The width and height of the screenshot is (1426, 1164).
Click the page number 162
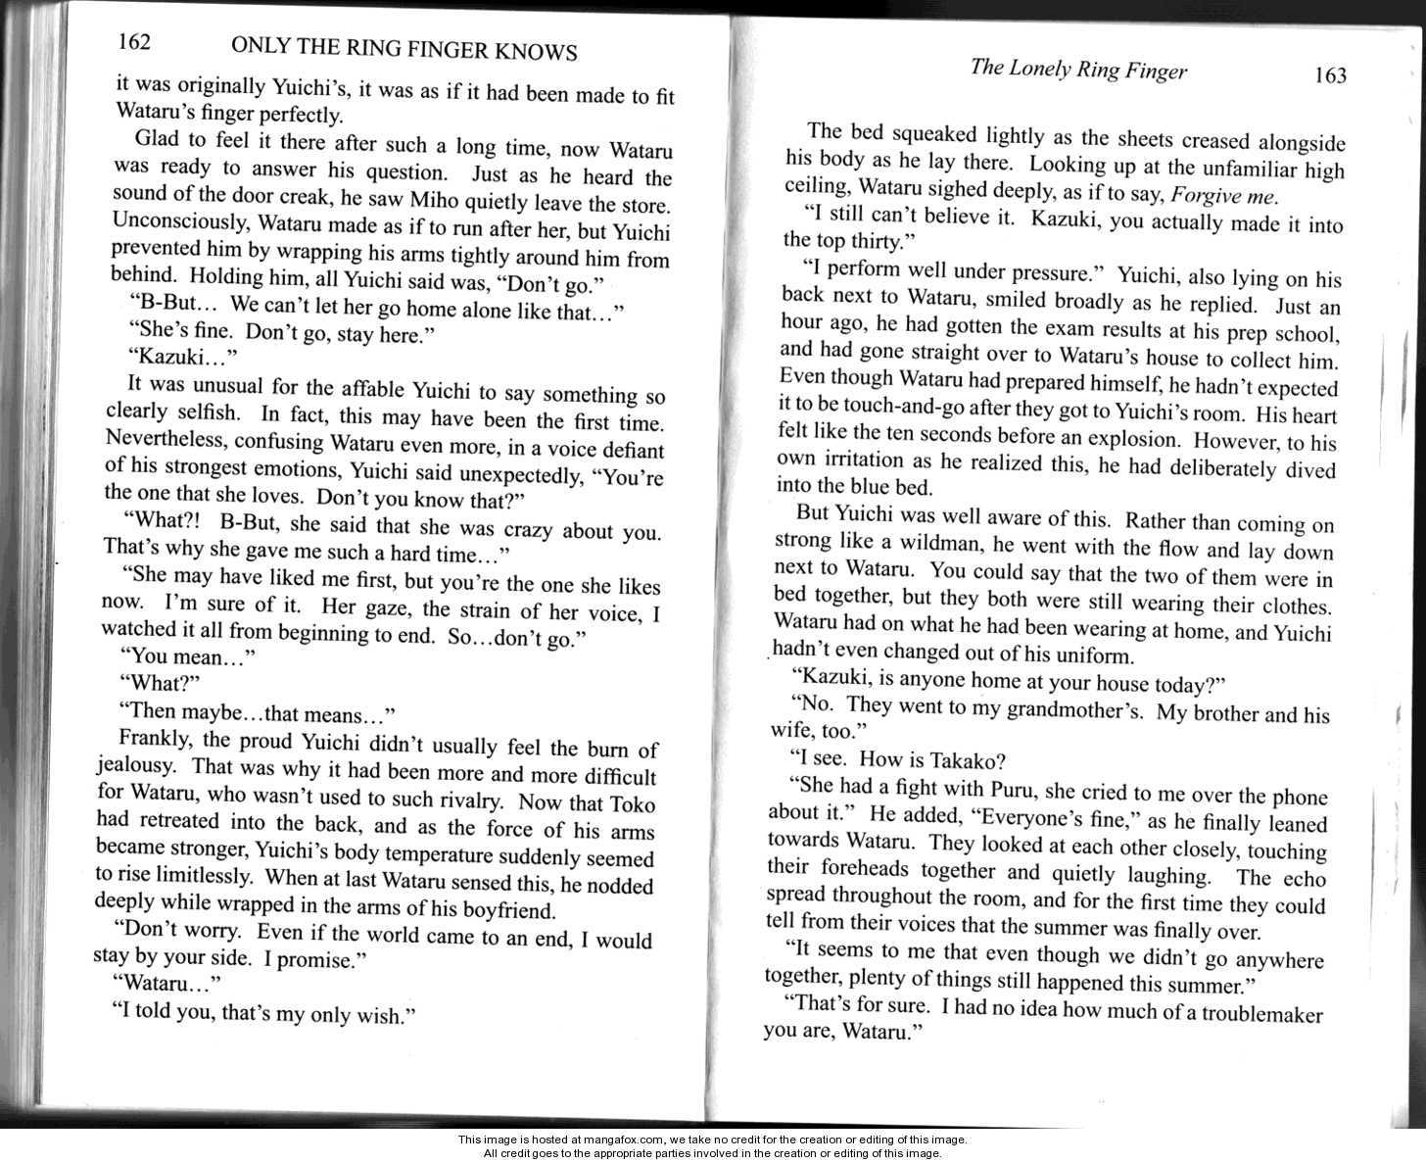pos(133,41)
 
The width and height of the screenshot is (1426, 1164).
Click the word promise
pos(324,960)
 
